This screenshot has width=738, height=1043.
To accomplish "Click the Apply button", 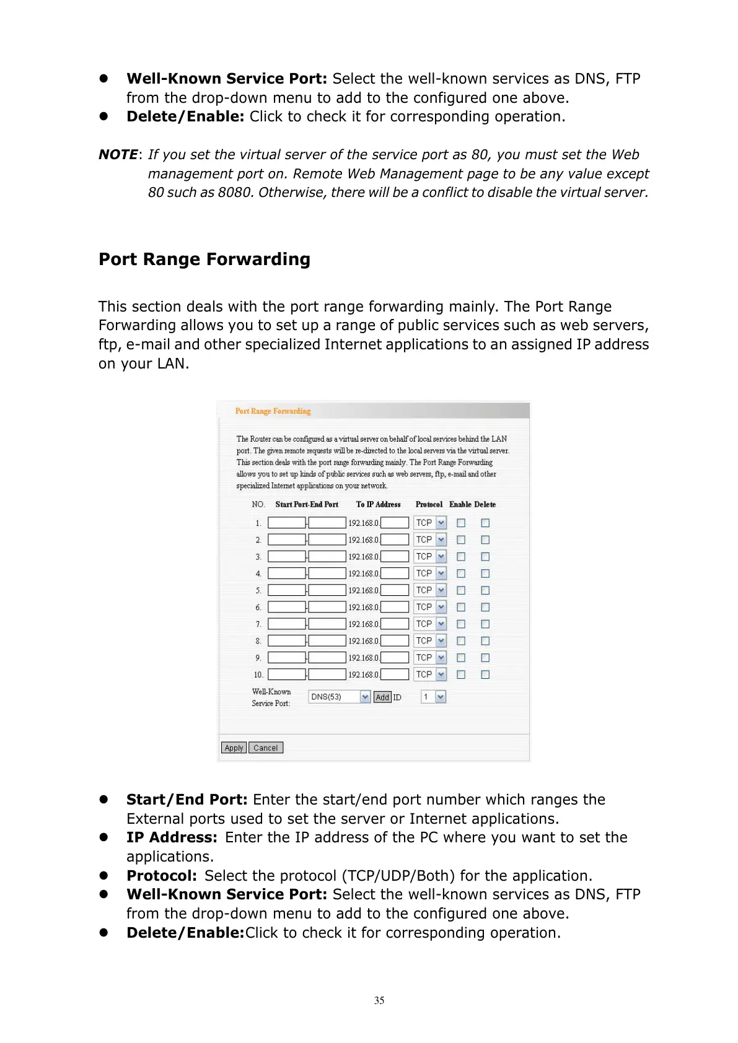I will click(234, 748).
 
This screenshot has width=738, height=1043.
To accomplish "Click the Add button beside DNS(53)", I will click(382, 697).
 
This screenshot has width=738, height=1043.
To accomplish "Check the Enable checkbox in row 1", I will click(461, 523).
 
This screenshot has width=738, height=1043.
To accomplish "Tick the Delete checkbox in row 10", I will click(485, 674).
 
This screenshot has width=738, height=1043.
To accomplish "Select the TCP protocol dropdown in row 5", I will click(430, 590).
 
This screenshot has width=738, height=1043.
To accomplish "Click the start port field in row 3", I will click(286, 557).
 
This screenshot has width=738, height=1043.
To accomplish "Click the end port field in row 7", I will click(327, 624).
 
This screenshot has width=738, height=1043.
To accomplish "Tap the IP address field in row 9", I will click(395, 658).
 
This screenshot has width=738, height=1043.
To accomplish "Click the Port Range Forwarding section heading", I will click(204, 259).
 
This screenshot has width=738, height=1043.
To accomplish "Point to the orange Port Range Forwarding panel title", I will click(273, 411).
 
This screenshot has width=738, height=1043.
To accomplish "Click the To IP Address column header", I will click(378, 505).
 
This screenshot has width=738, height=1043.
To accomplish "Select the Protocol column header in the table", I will click(429, 505).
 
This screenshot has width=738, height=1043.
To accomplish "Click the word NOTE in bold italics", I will click(118, 155).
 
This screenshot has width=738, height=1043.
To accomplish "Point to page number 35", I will click(379, 1000).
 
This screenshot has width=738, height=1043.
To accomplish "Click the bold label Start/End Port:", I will click(187, 800).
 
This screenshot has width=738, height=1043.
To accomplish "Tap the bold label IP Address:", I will click(172, 837).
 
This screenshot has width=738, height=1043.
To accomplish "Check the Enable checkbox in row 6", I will click(461, 608).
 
